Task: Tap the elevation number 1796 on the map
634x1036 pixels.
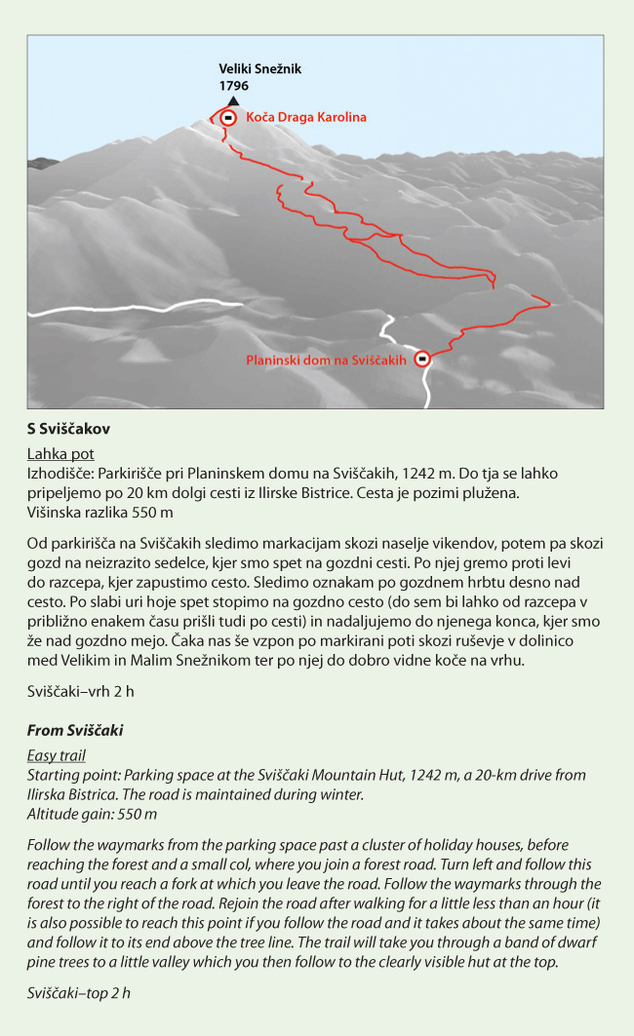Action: click(234, 86)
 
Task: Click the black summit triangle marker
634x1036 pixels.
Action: click(232, 100)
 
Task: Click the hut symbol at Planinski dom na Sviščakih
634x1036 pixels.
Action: click(422, 359)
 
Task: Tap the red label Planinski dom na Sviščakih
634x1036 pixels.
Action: click(326, 360)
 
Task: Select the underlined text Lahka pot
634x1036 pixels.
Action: click(60, 453)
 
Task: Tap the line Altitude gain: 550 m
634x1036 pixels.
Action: click(93, 814)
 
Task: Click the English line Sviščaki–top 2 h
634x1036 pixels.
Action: click(79, 993)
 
